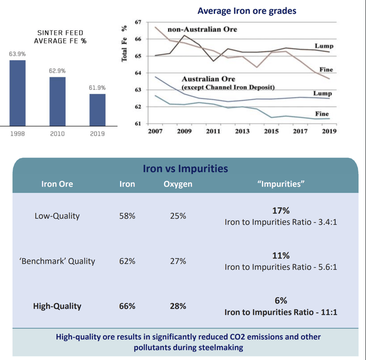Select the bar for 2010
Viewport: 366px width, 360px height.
coord(57,101)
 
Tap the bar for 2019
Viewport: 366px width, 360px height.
coord(97,109)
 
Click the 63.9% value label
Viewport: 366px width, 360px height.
coord(17,54)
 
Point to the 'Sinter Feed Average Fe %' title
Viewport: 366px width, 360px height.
coord(58,37)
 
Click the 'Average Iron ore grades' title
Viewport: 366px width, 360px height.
coord(247,11)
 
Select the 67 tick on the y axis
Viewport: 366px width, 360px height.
coord(137,22)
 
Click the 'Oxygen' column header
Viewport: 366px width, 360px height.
coord(178,184)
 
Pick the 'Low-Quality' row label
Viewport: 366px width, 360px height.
coord(57,216)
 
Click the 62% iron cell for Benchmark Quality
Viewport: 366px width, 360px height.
coord(128,261)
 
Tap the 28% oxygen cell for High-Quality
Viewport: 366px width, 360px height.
coord(178,306)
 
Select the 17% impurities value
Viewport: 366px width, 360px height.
coord(280,209)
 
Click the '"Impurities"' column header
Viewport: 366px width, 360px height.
coord(280,184)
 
